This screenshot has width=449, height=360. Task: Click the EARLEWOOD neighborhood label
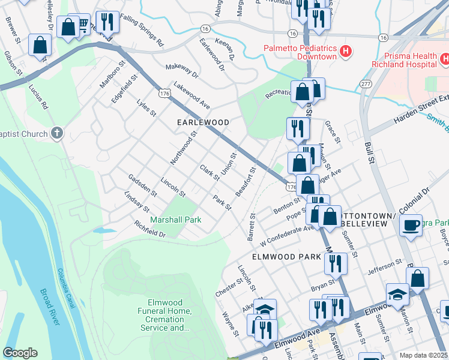[x=203, y=122]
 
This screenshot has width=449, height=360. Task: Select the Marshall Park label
[x=176, y=220]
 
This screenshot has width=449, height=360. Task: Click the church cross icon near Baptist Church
[x=56, y=133]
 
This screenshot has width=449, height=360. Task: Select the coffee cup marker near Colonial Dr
[x=411, y=225]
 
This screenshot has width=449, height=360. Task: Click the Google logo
[x=20, y=353]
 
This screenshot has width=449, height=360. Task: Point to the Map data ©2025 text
[x=423, y=355]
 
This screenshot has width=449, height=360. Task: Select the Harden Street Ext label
[x=421, y=110]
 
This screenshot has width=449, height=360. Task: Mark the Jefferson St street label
[x=384, y=266]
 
